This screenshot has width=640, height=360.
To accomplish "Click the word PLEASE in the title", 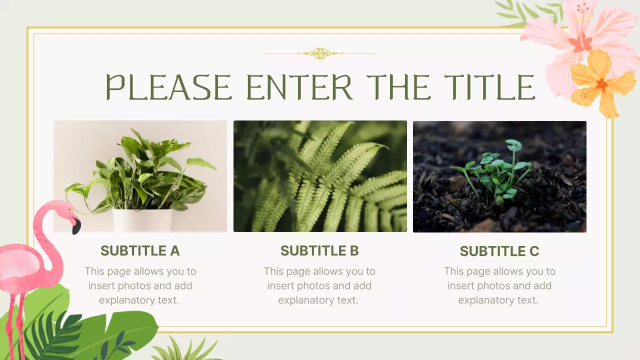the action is [168, 87].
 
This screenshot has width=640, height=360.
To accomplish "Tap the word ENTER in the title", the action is [299, 87].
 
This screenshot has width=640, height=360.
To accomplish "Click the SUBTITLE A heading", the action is [140, 251].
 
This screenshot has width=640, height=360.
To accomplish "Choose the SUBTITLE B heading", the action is [319, 251].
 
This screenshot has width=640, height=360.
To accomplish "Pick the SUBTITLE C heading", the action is [499, 251].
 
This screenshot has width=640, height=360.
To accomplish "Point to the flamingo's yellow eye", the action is [69, 209].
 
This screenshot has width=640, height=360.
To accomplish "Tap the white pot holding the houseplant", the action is [142, 220].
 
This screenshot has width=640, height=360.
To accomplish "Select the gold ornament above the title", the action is [320, 53].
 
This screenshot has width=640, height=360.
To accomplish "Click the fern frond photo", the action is [320, 176].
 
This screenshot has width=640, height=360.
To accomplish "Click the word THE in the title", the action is [398, 87].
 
